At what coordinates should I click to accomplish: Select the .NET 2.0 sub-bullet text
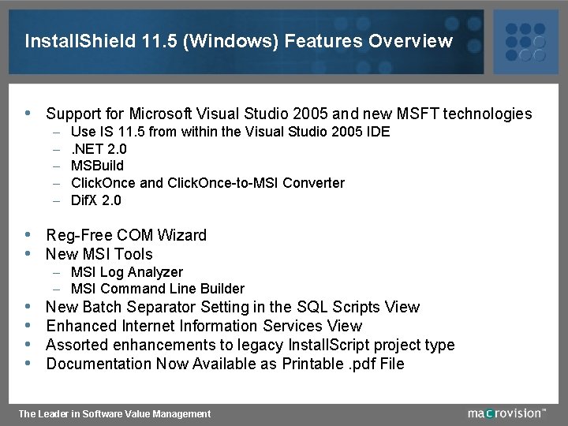(99, 148)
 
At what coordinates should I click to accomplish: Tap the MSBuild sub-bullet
(97, 166)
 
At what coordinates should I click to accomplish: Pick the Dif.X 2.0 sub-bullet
(96, 200)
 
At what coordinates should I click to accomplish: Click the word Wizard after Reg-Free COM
(181, 235)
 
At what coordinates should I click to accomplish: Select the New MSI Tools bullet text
(99, 254)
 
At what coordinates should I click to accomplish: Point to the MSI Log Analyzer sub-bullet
(126, 272)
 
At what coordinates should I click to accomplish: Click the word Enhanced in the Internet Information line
(81, 326)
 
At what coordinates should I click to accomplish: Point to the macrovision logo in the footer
(505, 413)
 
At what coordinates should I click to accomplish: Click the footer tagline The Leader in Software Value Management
(114, 413)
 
